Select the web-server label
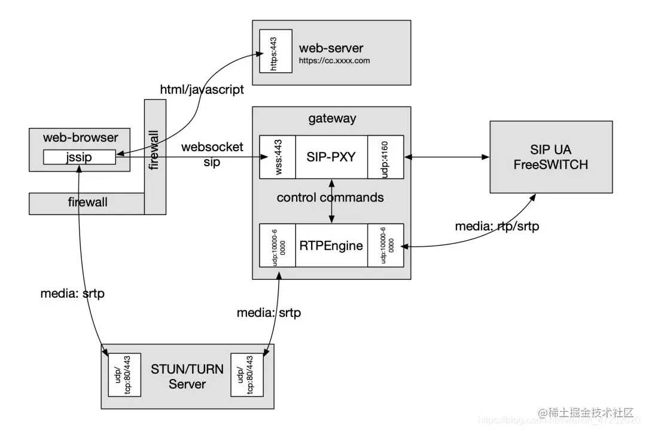click(331, 48)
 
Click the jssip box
click(79, 157)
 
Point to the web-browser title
click(80, 137)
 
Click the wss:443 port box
click(278, 157)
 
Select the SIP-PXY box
click(331, 157)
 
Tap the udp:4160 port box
click(385, 157)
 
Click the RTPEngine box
click(331, 245)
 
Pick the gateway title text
click(332, 118)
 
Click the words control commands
click(330, 197)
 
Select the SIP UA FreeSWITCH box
click(550, 157)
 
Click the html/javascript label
click(202, 90)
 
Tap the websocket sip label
click(212, 154)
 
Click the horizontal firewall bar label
click(87, 202)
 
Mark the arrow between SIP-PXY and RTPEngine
click(331, 200)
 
